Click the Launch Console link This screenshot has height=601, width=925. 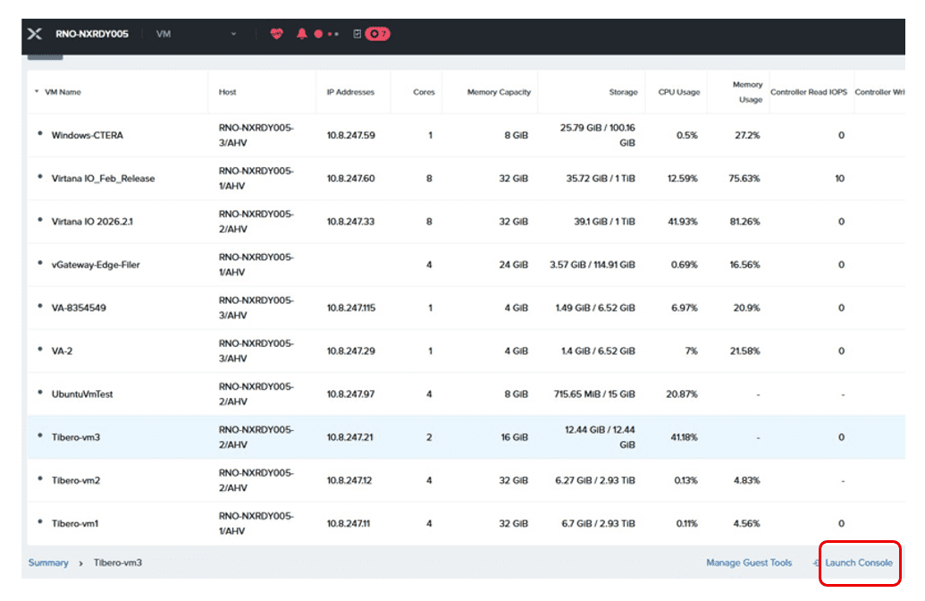tap(858, 563)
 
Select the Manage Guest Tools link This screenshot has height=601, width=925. tap(749, 563)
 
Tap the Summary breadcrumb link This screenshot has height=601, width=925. tap(48, 563)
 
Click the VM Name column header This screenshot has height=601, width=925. tap(63, 92)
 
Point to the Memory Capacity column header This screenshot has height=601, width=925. tap(499, 92)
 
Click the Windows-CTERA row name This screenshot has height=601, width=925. tap(88, 135)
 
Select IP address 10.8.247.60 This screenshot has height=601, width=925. tap(350, 178)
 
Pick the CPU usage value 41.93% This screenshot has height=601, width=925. tap(682, 222)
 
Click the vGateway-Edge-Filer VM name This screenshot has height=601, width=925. tap(96, 265)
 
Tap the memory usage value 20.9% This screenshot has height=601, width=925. tap(746, 308)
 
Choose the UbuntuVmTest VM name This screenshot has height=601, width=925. tap(82, 394)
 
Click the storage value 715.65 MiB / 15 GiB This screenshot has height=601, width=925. tap(594, 394)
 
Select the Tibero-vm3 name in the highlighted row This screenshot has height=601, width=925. tap(75, 436)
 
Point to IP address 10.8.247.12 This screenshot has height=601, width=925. tap(349, 480)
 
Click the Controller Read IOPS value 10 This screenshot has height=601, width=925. tap(839, 178)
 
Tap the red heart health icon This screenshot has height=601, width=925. tap(277, 34)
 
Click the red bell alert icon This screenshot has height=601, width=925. tap(301, 34)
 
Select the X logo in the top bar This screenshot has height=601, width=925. tap(35, 34)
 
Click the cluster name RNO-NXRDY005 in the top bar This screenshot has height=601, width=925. tap(91, 34)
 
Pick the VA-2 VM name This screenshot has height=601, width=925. tap(62, 351)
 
